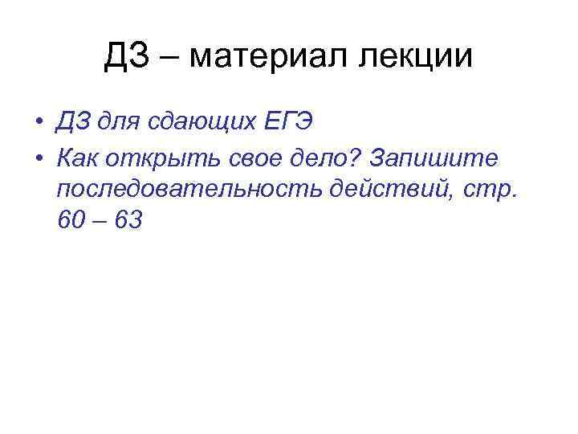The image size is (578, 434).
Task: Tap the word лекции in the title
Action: point(416,58)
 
